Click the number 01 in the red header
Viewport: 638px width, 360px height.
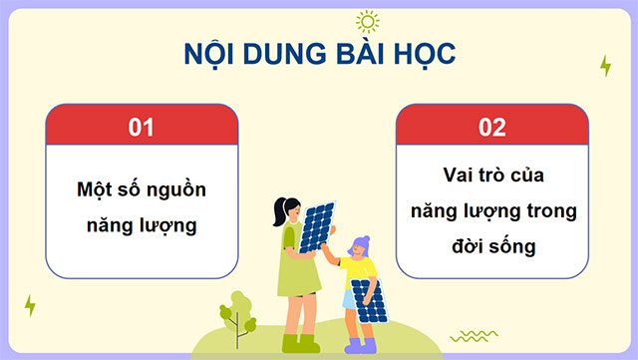[x=143, y=127]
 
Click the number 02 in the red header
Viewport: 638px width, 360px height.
[x=492, y=127]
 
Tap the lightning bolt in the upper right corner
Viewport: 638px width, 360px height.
[x=605, y=66]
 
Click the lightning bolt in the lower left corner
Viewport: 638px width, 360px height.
[x=30, y=305]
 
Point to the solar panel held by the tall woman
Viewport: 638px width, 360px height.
[x=318, y=226]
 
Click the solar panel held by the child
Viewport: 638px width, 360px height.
[x=370, y=301]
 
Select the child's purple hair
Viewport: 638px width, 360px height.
[x=359, y=244]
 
